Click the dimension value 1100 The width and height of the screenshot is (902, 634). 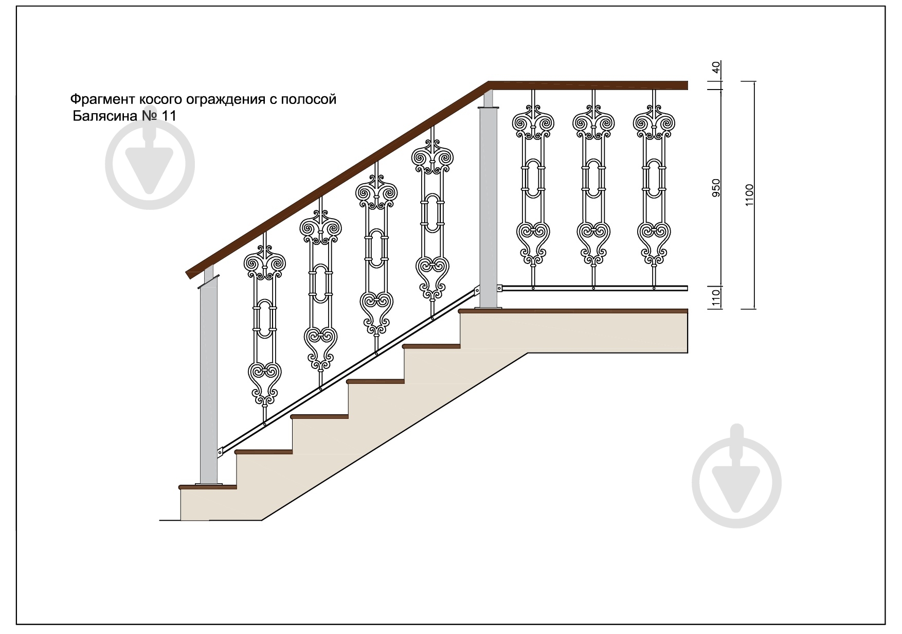pos(749,195)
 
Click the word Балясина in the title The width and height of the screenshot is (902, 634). pos(104,116)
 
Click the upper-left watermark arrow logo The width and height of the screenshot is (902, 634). pos(150,165)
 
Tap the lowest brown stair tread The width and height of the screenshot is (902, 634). pos(207,486)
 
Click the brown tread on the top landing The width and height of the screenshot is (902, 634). pos(573,311)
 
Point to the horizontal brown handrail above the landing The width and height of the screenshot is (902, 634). pos(588,85)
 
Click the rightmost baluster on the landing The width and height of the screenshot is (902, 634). pos(654,188)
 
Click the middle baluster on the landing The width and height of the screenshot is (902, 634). pos(594,188)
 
